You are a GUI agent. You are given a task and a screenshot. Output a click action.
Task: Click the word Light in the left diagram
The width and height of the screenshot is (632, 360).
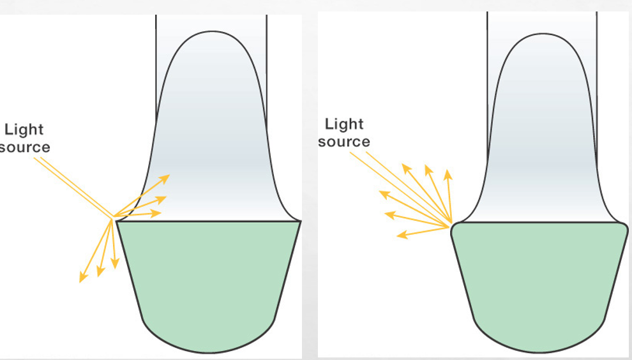tap(24, 130)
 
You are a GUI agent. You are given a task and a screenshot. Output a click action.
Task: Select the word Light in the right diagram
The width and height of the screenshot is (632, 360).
tap(344, 124)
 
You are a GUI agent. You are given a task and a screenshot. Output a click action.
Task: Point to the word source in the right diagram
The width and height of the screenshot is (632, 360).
tap(344, 142)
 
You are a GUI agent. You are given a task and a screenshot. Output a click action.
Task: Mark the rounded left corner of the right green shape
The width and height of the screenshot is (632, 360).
tap(453, 227)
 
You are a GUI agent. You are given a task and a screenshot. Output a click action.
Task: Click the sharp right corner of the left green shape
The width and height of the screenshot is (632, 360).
tap(299, 222)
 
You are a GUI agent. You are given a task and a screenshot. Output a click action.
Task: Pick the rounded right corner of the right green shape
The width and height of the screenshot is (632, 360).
tap(626, 227)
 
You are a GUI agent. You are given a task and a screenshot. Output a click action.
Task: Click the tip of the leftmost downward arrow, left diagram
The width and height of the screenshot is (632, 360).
tap(80, 281)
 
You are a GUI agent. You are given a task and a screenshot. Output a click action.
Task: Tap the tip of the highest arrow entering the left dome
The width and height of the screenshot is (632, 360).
tap(169, 176)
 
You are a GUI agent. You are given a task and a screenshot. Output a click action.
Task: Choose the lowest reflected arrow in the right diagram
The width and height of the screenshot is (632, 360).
tap(399, 237)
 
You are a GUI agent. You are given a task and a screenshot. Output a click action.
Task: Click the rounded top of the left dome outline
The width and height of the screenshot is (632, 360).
tap(210, 33)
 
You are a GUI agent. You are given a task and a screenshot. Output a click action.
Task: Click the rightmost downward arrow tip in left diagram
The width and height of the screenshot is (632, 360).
tap(115, 267)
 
